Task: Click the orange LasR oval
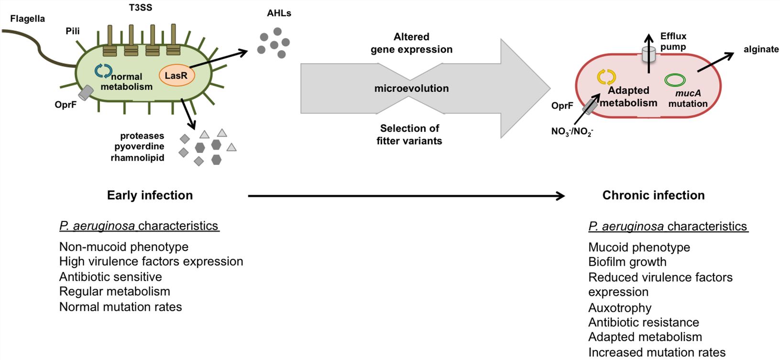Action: click(x=176, y=76)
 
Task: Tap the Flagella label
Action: click(x=28, y=19)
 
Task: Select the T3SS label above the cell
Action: click(x=141, y=8)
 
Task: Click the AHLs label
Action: click(x=279, y=13)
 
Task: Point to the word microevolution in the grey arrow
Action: click(x=411, y=88)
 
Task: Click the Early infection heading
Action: click(x=150, y=195)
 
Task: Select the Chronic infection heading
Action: click(x=653, y=195)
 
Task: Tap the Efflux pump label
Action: click(x=673, y=41)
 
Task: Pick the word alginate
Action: click(x=761, y=49)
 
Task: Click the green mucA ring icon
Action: click(x=675, y=80)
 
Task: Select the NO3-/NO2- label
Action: click(x=572, y=131)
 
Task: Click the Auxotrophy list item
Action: click(x=620, y=307)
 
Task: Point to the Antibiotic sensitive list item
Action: click(x=110, y=276)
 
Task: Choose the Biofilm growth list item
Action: click(x=627, y=262)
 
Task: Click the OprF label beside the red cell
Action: click(x=562, y=106)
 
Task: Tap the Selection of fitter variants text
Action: click(x=409, y=134)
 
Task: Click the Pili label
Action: click(x=73, y=31)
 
